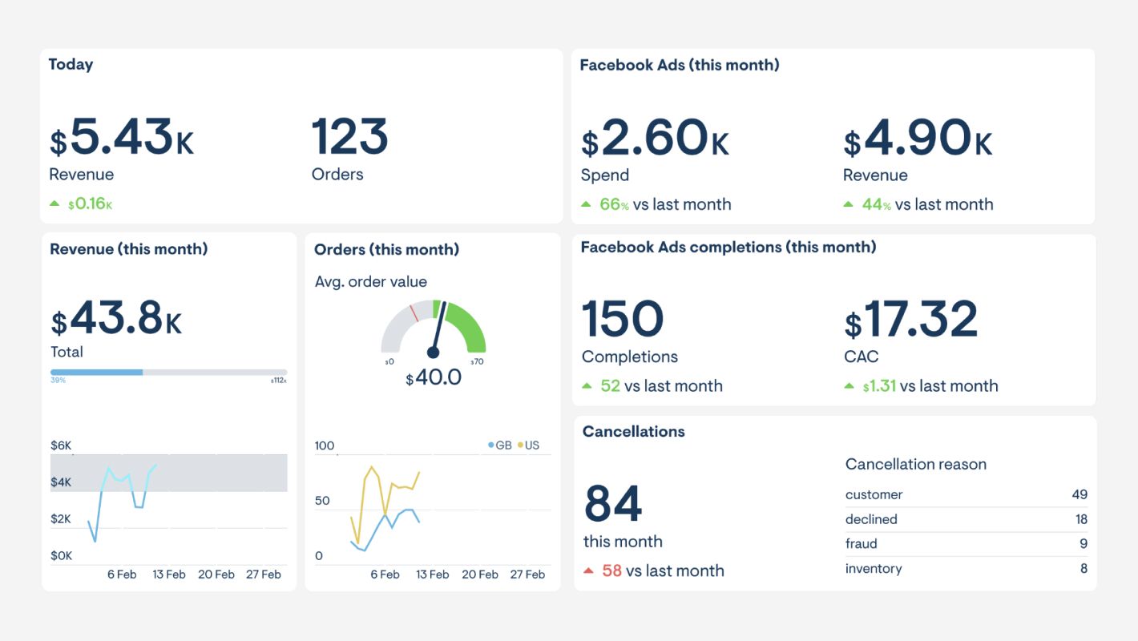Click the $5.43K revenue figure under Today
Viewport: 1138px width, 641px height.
122,138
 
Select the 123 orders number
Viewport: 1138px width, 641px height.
349,137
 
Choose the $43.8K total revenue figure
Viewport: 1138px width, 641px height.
116,318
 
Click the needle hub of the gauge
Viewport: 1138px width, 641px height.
434,352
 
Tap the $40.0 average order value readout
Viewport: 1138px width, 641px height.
434,377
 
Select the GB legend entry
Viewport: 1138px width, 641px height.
499,445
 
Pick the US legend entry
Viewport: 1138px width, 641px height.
528,445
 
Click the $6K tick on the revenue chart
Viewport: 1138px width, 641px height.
61,445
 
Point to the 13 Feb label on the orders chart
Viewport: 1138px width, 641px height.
433,574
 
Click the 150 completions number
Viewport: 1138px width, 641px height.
623,319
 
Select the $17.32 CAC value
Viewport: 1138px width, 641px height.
911,320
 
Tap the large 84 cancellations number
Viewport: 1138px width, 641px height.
613,504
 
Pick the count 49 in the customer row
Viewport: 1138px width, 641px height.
1079,494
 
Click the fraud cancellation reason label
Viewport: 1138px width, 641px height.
862,544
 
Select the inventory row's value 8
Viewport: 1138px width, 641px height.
1084,569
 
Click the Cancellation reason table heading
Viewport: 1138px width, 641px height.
915,465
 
